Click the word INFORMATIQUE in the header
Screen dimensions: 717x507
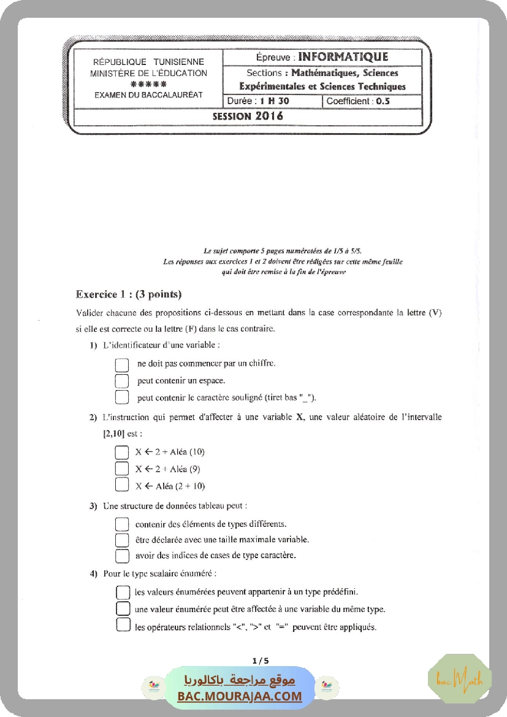pyautogui.click(x=343, y=57)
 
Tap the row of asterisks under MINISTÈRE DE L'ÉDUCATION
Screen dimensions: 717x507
pyautogui.click(x=148, y=84)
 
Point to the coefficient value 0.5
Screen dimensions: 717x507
pyautogui.click(x=383, y=101)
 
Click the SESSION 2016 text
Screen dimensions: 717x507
pyautogui.click(x=248, y=116)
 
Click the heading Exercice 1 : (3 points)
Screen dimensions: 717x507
pyautogui.click(x=129, y=294)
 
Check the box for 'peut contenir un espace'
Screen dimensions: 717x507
pyautogui.click(x=122, y=381)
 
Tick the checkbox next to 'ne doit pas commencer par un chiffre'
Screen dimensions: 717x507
pyautogui.click(x=122, y=364)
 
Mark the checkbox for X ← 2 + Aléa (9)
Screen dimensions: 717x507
pyautogui.click(x=121, y=469)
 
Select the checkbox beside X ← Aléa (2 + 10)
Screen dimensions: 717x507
pyautogui.click(x=121, y=486)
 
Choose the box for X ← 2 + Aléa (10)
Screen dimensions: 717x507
pyautogui.click(x=121, y=453)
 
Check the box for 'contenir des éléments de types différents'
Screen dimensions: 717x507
pyautogui.click(x=122, y=524)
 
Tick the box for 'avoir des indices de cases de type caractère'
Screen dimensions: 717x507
pyautogui.click(x=122, y=556)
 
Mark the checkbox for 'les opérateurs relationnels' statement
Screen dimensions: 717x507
pyautogui.click(x=123, y=626)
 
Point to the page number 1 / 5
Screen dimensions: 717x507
pyautogui.click(x=261, y=661)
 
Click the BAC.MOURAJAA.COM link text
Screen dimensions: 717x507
pyautogui.click(x=240, y=696)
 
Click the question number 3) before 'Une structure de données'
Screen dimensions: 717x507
pyautogui.click(x=93, y=507)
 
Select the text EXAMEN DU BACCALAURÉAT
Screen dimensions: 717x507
pyautogui.click(x=148, y=95)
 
